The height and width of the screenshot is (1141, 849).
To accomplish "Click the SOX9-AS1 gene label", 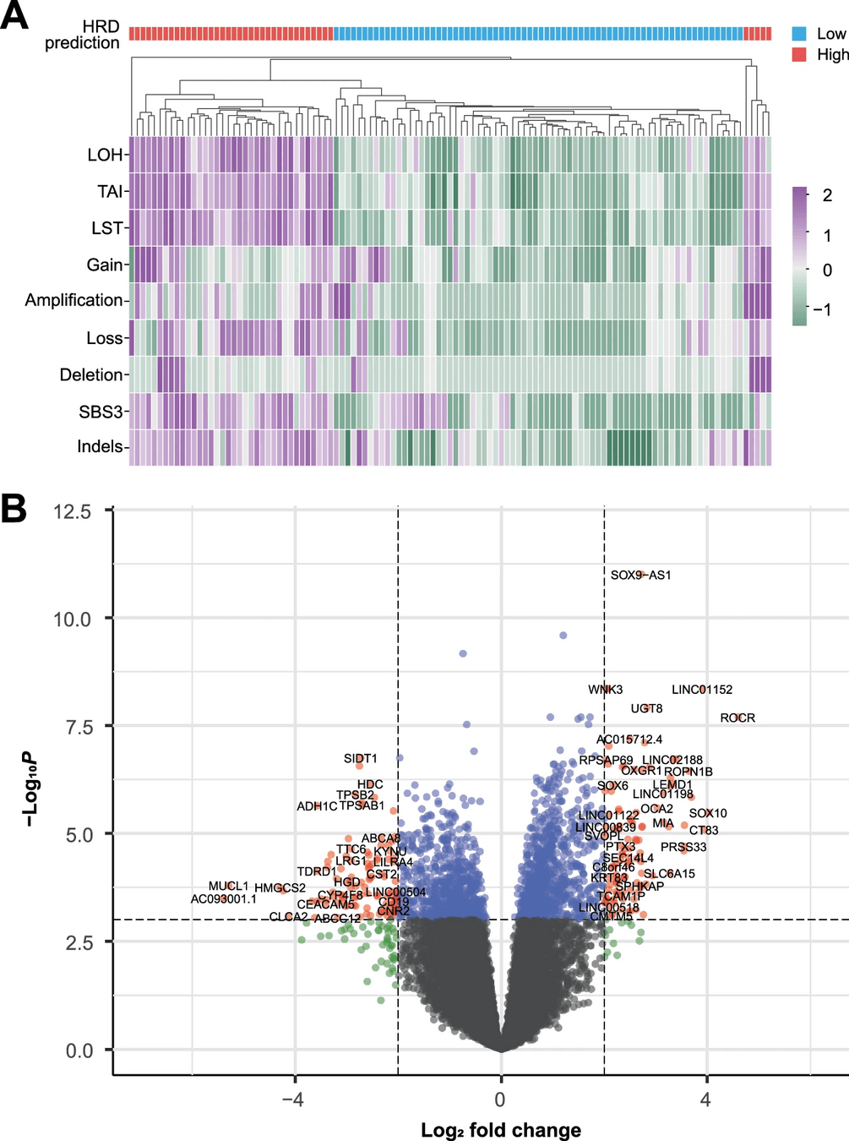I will pyautogui.click(x=640, y=576).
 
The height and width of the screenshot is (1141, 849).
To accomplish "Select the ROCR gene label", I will pyautogui.click(x=737, y=718).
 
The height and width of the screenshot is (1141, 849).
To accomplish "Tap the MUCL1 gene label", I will pyautogui.click(x=229, y=887).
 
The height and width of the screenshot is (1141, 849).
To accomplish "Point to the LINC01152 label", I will pyautogui.click(x=702, y=690).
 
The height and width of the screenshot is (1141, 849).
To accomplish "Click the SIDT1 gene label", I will pyautogui.click(x=361, y=759).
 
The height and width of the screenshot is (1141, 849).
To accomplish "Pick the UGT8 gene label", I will pyautogui.click(x=646, y=708).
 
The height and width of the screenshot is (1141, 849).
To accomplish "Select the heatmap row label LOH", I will pyautogui.click(x=105, y=155).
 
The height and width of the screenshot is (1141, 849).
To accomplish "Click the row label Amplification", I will pyautogui.click(x=74, y=300).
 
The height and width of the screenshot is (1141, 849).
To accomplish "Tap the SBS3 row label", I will pyautogui.click(x=101, y=412).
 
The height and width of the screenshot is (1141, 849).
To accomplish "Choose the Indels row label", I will pyautogui.click(x=101, y=446).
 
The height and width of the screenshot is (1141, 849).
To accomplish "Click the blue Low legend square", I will pyautogui.click(x=799, y=34).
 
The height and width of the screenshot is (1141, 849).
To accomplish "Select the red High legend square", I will pyautogui.click(x=799, y=54).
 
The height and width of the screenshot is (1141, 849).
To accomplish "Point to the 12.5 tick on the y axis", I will pyautogui.click(x=72, y=511).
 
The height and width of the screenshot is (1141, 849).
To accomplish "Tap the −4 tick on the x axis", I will pyautogui.click(x=292, y=1100).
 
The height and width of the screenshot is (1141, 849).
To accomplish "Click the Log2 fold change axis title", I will pyautogui.click(x=501, y=1130).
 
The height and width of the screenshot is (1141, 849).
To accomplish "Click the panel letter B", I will pyautogui.click(x=14, y=510).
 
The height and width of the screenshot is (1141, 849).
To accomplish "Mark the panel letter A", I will pyautogui.click(x=14, y=16).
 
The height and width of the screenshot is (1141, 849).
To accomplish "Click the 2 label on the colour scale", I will pyautogui.click(x=827, y=195).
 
